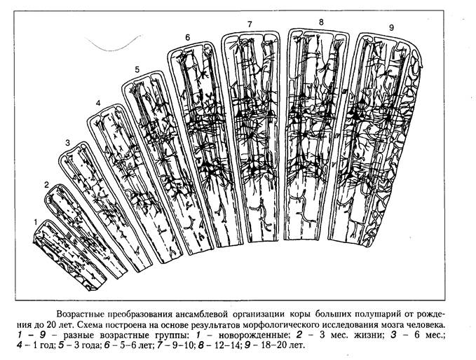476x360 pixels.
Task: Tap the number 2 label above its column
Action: click(x=46, y=185)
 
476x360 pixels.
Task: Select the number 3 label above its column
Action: click(x=67, y=143)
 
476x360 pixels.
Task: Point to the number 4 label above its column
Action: click(x=98, y=104)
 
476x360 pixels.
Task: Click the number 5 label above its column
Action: click(x=137, y=69)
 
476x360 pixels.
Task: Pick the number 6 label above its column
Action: click(x=188, y=36)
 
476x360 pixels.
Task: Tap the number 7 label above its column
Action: click(x=250, y=25)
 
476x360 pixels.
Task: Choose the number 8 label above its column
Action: click(x=321, y=22)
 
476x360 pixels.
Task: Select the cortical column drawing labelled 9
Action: click(x=384, y=140)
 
